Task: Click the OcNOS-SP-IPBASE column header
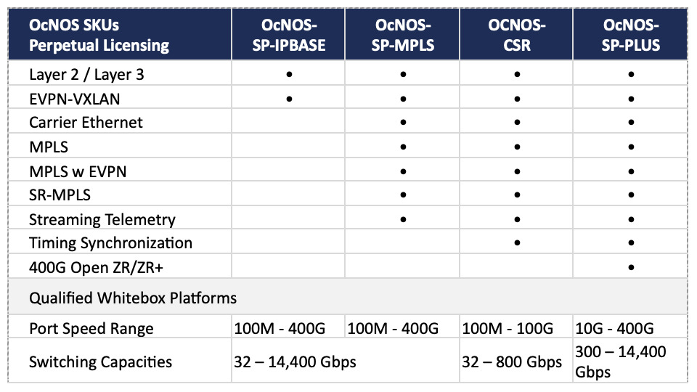[x=289, y=35]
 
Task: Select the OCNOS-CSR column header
[x=516, y=35]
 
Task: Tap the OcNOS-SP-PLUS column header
[x=631, y=35]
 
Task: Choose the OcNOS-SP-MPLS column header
[x=403, y=35]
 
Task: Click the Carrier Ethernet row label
[x=86, y=122]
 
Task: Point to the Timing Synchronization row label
[x=110, y=243]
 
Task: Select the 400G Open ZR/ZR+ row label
[x=96, y=268]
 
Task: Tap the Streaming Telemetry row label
[x=102, y=219]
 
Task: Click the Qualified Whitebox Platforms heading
[x=133, y=298]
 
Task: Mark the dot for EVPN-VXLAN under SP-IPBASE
[x=289, y=99]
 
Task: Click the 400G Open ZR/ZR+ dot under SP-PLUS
[x=631, y=267]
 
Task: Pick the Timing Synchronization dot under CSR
[x=516, y=242]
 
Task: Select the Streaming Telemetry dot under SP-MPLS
[x=403, y=219]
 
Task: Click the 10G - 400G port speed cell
[x=614, y=328]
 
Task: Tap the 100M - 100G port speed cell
[x=508, y=328]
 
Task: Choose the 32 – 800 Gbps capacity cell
[x=512, y=362]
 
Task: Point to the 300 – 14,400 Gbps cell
[x=621, y=362]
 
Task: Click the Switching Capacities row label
[x=100, y=362]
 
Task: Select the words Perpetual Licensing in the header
[x=99, y=45]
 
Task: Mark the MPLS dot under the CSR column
[x=516, y=147]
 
